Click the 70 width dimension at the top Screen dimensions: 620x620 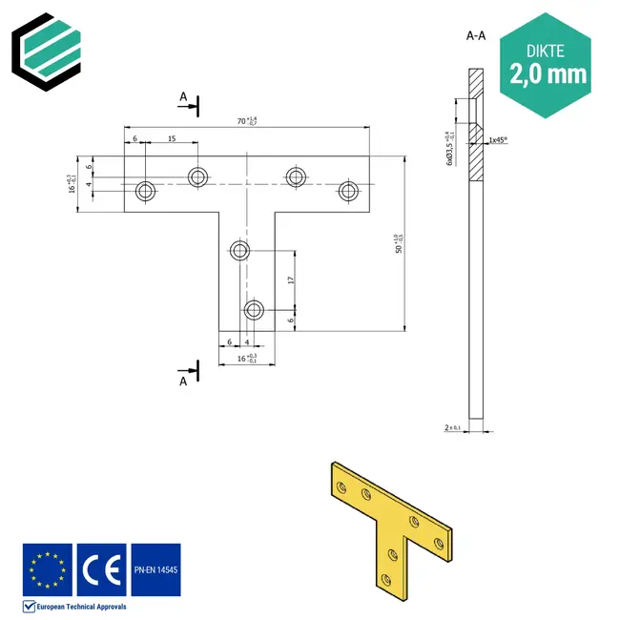246,121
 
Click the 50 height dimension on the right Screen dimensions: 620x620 397,243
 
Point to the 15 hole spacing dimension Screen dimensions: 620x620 171,139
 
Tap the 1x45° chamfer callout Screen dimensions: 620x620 497,140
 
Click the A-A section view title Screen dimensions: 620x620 476,36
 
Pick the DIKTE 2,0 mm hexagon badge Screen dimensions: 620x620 548,63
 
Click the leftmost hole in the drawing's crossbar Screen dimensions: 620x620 146,191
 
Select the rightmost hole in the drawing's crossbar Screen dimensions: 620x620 349,191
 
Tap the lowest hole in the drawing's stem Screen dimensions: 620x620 254,310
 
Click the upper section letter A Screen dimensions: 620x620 183,97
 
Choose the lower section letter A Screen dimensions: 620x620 183,381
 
